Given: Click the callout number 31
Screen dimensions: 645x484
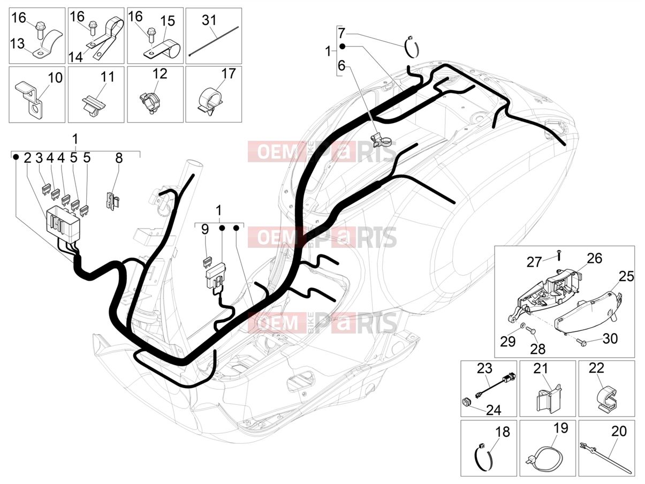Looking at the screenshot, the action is (209, 20).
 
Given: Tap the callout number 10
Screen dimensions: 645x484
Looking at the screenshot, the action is (55, 78).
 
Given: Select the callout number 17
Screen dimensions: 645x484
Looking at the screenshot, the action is (229, 73).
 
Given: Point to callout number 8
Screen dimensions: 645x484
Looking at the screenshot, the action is (119, 158).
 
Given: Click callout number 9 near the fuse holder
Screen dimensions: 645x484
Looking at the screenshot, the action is (205, 229).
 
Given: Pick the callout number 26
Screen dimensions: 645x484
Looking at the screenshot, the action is (595, 258).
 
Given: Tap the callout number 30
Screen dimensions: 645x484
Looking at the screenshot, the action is (610, 338).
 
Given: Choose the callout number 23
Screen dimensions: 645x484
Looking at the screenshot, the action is (484, 368).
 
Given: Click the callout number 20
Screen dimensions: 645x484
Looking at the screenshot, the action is (619, 432).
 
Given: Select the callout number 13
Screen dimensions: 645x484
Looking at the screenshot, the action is (17, 44).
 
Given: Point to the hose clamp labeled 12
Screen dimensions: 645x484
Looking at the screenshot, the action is (150, 103).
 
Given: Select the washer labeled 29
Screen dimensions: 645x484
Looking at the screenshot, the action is (522, 326).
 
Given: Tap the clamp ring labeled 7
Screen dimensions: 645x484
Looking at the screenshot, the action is (412, 47).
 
